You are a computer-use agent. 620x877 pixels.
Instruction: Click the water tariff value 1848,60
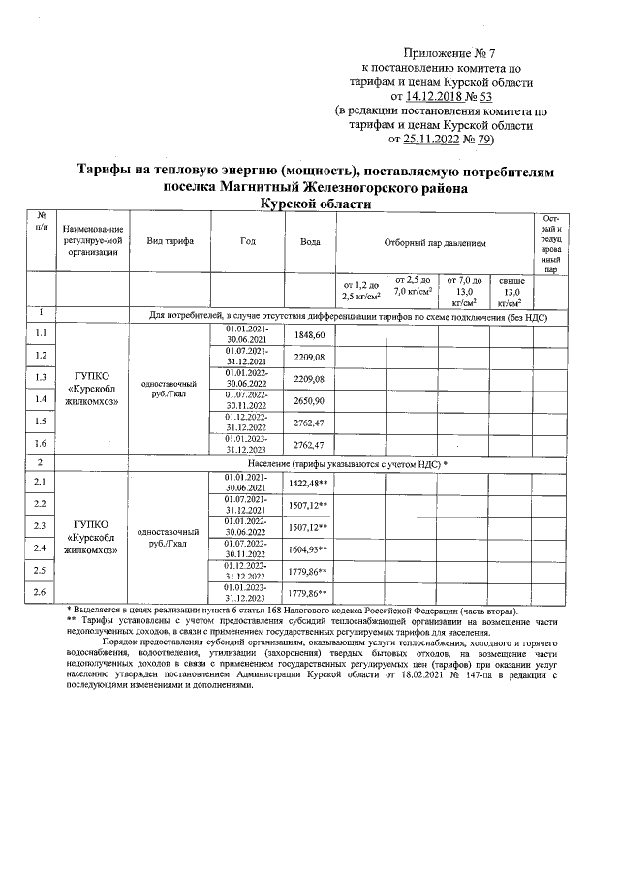click(x=309, y=334)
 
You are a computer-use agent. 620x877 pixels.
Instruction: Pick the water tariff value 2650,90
click(x=309, y=400)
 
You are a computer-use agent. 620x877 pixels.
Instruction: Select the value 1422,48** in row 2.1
click(x=309, y=482)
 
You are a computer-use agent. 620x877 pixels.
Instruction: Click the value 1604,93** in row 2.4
click(x=309, y=548)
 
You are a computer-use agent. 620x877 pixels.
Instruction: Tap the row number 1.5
click(x=41, y=423)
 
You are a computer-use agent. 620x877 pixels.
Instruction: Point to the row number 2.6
click(x=41, y=591)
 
